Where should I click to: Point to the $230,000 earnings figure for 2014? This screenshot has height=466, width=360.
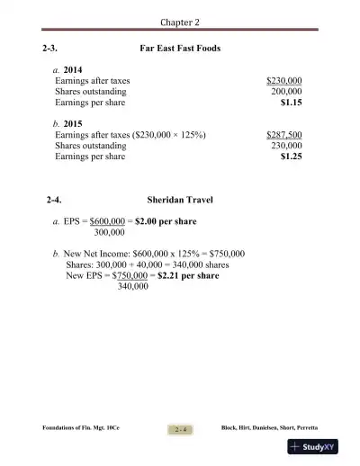pos(284,81)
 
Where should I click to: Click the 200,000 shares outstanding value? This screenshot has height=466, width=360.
pos(286,92)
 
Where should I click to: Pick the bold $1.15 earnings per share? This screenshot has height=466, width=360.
pos(291,103)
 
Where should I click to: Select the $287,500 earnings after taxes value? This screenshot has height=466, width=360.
pos(284,134)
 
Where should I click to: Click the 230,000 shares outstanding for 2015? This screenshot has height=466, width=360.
pos(286,145)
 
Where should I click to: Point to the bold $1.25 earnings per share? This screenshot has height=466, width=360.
pos(291,157)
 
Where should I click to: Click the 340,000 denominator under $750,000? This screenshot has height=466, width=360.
pos(132,288)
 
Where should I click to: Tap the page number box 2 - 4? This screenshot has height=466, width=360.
pos(181,429)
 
